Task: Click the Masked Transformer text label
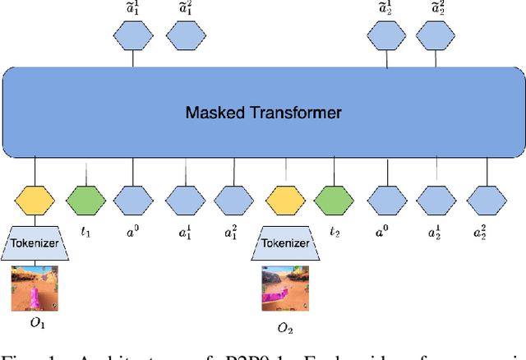263,111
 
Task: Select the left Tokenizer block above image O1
35,243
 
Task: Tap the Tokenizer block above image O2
285,243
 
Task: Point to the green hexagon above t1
87,199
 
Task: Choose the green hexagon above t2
335,199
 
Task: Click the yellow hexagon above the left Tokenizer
35,199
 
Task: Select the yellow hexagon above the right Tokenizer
285,199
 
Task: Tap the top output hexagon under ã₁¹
134,35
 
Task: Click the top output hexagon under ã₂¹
385,35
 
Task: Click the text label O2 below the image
285,329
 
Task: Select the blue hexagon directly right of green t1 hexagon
134,199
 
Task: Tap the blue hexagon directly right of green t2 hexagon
385,199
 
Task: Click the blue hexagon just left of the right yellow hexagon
234,199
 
